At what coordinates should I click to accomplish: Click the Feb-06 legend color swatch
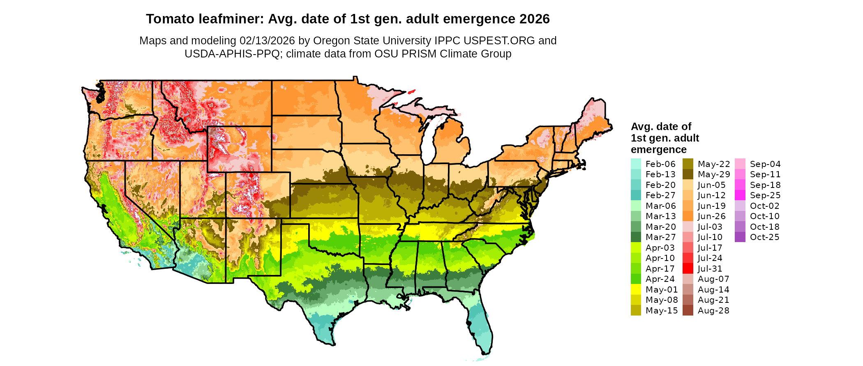(636, 164)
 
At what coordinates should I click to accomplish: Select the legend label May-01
(662, 290)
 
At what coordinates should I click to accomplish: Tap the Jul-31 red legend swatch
(688, 269)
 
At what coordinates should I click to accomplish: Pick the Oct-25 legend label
(764, 237)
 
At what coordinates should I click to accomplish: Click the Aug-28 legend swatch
(688, 311)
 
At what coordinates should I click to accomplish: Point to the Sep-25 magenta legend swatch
(740, 195)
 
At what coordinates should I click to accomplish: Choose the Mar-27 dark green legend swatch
(636, 237)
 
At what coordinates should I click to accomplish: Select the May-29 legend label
(714, 174)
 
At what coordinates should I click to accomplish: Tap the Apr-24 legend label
(660, 279)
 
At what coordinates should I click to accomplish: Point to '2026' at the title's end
(534, 19)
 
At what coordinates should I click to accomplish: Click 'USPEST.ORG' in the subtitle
(499, 41)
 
